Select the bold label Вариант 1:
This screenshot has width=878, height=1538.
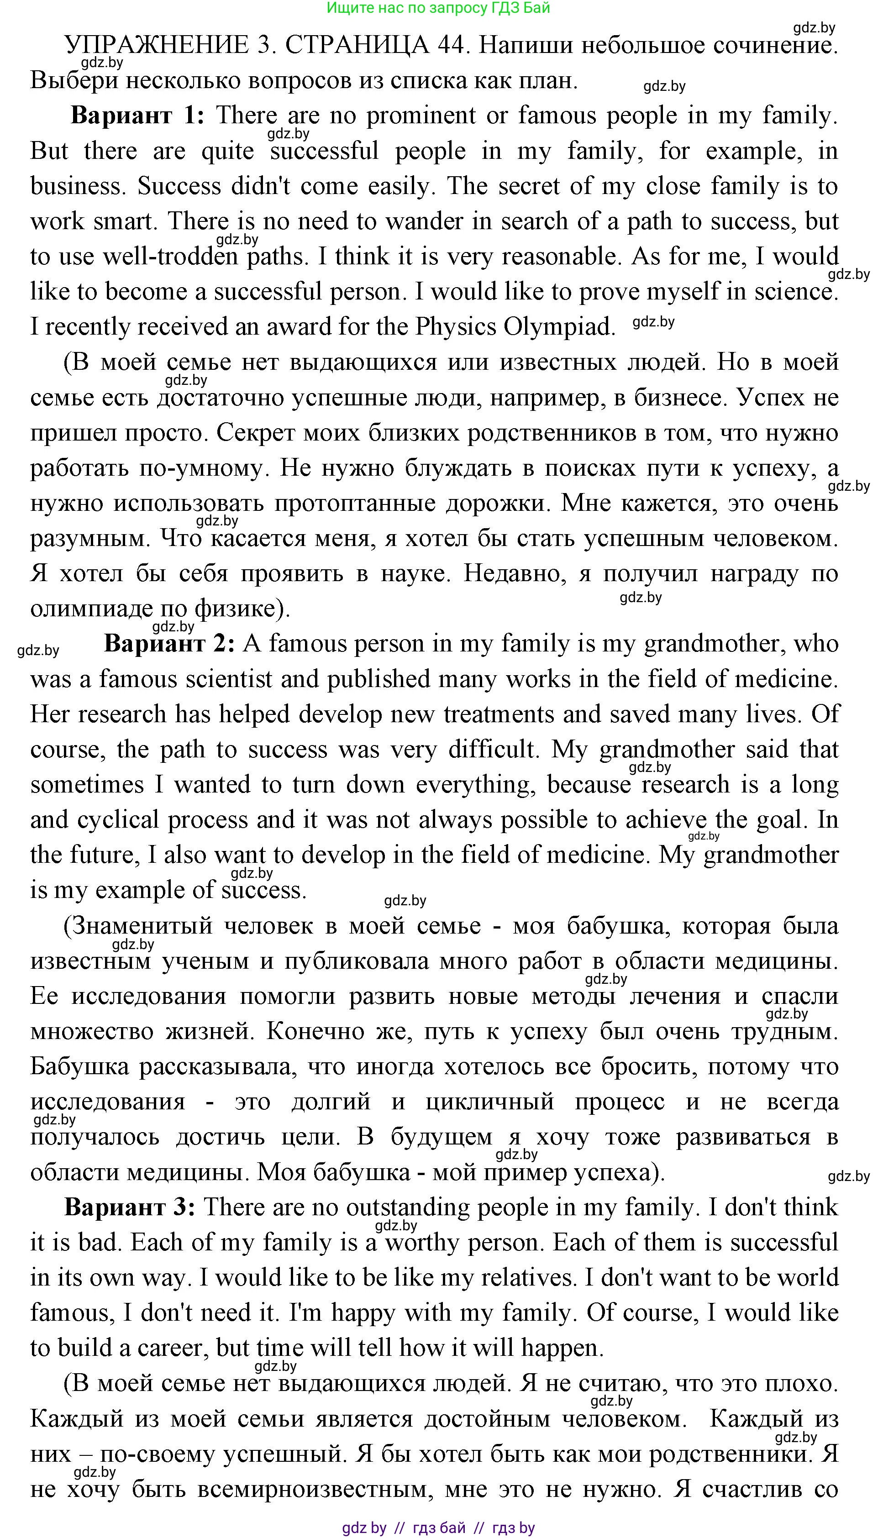(x=137, y=115)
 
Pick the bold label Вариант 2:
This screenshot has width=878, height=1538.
(x=169, y=644)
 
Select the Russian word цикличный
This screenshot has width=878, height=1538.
(x=489, y=1102)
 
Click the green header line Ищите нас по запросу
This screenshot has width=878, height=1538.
(x=438, y=8)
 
